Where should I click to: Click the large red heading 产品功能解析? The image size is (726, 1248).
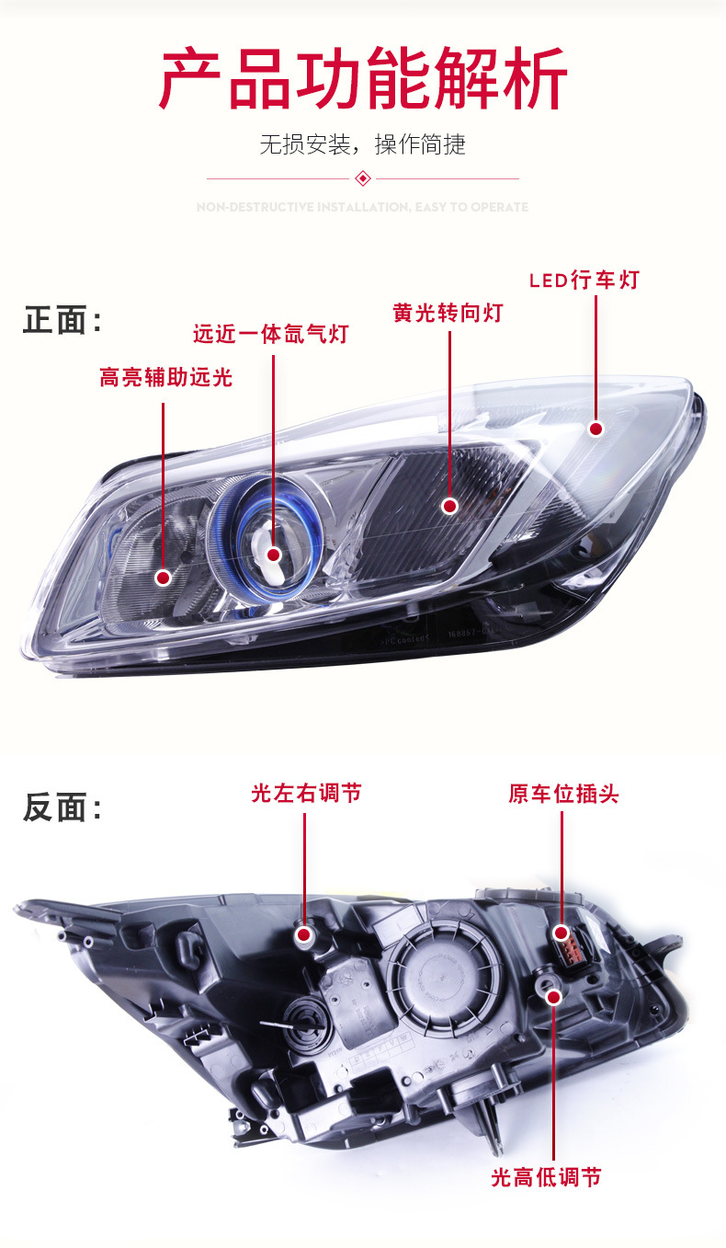tap(363, 82)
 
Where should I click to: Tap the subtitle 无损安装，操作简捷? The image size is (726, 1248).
tap(363, 144)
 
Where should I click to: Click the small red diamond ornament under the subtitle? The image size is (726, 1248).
tap(363, 178)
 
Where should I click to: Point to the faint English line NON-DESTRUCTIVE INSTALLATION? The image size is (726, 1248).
tap(363, 208)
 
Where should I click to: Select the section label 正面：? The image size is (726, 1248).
tap(62, 321)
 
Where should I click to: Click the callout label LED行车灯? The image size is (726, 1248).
tap(584, 281)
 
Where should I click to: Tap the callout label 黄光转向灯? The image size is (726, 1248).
tap(448, 313)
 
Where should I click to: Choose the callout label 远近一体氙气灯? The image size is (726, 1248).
tap(271, 334)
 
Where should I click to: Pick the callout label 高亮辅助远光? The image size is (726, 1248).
tap(166, 377)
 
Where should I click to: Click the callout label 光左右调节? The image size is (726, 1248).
tap(306, 793)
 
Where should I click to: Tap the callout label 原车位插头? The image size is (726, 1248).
tap(563, 794)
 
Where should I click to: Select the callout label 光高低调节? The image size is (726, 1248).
tap(546, 1177)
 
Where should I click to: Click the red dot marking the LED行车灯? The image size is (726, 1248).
tap(596, 429)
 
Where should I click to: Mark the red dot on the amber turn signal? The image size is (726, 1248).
tap(449, 506)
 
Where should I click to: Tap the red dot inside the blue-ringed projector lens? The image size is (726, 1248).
tap(273, 554)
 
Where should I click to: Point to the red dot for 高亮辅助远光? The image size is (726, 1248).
tap(163, 578)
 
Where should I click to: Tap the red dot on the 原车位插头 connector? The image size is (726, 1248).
tap(562, 933)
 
